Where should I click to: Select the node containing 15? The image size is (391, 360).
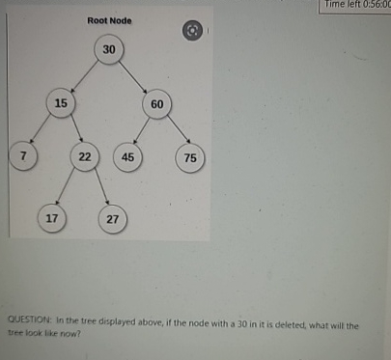coord(61,102)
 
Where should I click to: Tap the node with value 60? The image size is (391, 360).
coord(157,103)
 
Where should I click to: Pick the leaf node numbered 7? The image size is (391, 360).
coord(21,155)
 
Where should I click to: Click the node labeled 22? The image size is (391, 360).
coord(85,156)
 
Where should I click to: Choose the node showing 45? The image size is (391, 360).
coord(127,156)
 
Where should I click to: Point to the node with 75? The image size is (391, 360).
coord(189,157)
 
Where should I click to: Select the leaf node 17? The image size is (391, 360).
coord(52,218)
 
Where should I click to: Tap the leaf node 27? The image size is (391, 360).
coord(113,219)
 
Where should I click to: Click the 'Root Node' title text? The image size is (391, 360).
coord(109,20)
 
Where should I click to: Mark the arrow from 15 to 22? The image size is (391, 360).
coord(73,129)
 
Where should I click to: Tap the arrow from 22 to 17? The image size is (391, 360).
coord(69,187)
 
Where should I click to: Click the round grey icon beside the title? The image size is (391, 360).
coord(193,30)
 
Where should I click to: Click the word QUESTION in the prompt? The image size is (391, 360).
coord(29,325)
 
